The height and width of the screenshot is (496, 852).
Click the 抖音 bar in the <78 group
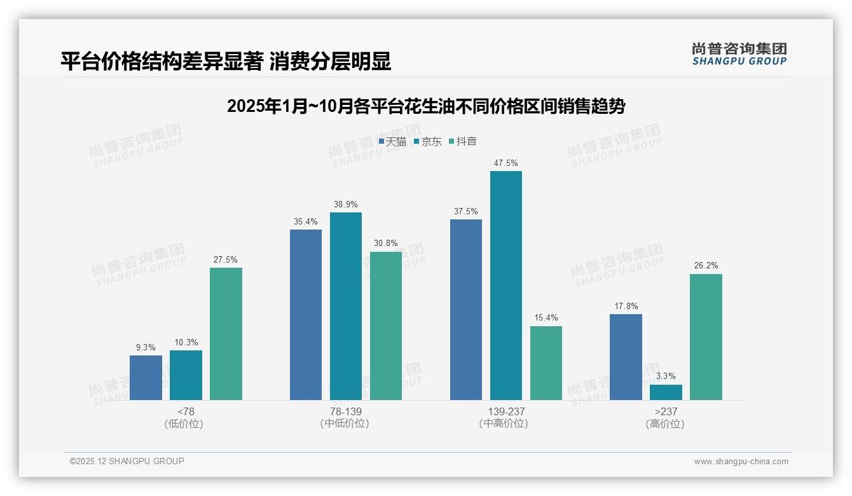point(226,334)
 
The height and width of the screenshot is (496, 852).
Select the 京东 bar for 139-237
point(506,286)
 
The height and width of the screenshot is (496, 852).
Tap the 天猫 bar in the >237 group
point(626,357)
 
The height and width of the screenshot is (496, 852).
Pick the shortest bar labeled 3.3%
point(666,392)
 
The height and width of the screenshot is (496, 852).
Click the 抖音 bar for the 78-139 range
point(386,326)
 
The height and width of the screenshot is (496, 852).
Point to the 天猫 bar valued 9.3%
point(146,378)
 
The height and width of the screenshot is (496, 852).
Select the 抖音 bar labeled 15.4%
point(546,363)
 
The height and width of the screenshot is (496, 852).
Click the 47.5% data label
point(506,163)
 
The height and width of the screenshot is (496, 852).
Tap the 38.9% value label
point(346,205)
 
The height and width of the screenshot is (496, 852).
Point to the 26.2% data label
point(706,266)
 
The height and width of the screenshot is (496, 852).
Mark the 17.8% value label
point(626,306)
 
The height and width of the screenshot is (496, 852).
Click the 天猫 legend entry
point(392,142)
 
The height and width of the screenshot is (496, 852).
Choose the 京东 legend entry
point(427,142)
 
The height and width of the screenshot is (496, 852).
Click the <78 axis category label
point(186,411)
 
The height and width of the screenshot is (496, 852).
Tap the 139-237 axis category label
point(506,411)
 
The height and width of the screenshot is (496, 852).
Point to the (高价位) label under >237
point(665,424)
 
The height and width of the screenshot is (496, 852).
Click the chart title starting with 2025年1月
point(426,106)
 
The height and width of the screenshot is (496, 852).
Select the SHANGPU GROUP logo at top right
point(739,54)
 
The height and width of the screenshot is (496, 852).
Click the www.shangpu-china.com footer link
point(741,462)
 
